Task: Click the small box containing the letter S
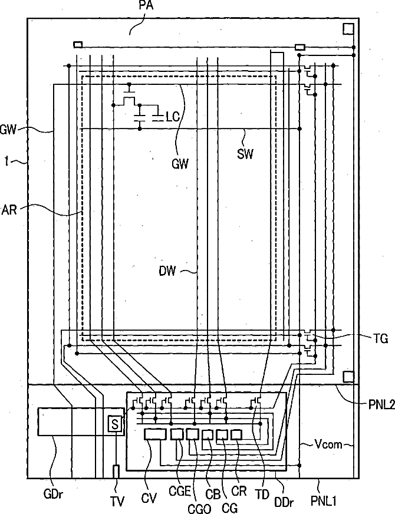[x=114, y=423]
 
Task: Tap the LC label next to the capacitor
[x=172, y=117]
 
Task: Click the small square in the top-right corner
[x=348, y=28]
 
